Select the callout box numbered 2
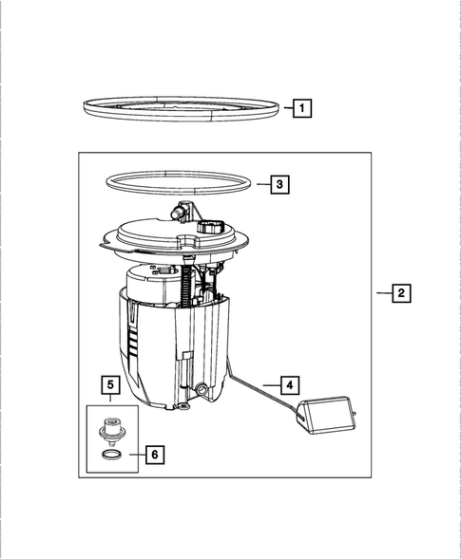pos(402,294)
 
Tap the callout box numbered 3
pos(279,185)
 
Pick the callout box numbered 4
pos(291,385)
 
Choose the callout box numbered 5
pos(111,384)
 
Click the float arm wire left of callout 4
pos(257,383)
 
